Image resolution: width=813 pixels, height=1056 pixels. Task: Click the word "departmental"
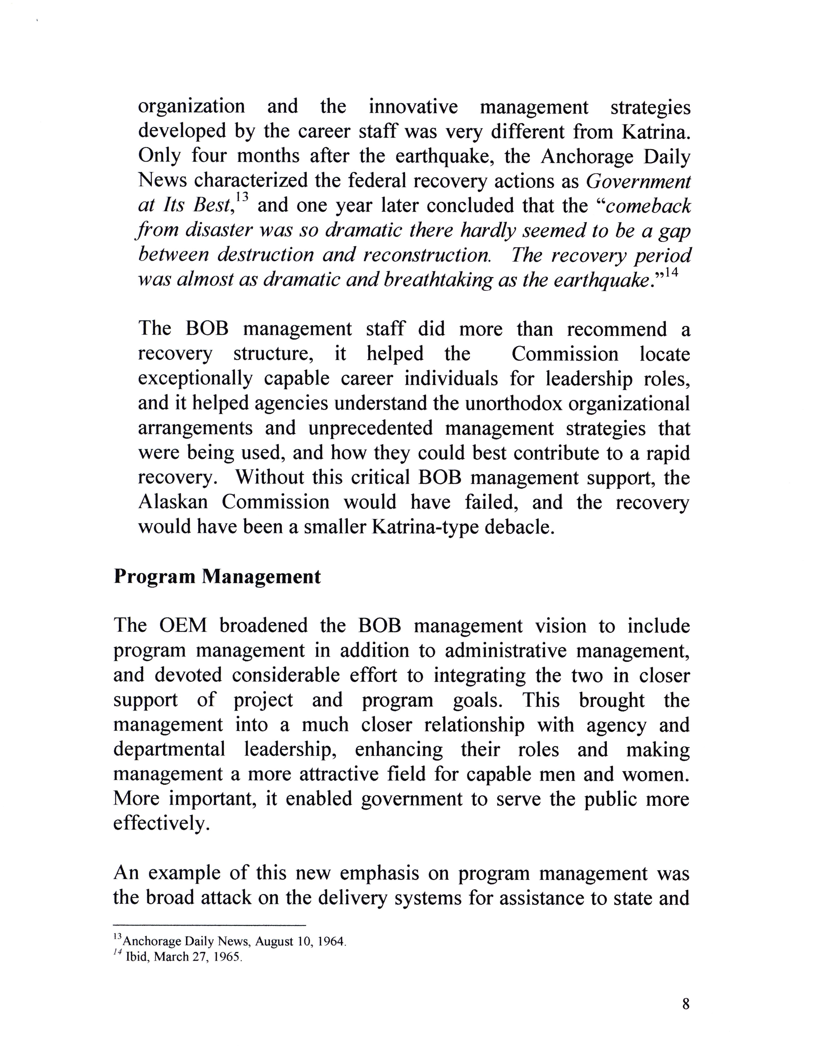coord(169,750)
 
